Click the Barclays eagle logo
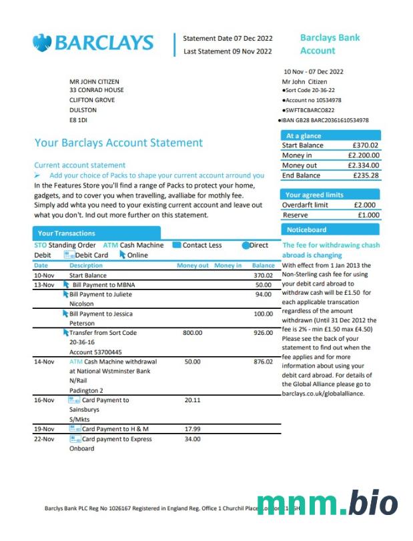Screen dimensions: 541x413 [x=42, y=43]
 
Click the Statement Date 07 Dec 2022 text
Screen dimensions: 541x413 [x=228, y=38]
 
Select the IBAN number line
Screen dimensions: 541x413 [x=324, y=120]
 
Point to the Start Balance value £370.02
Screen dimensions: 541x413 [x=366, y=145]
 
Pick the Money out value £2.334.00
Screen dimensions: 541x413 [x=364, y=165]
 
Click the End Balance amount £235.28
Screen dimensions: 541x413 [x=366, y=175]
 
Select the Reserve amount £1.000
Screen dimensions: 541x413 [x=368, y=215]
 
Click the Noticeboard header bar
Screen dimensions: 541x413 [x=331, y=229]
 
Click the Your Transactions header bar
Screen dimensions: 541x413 [x=153, y=233]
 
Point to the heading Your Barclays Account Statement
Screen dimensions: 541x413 [x=118, y=143]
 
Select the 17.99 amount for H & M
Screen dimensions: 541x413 [x=192, y=429]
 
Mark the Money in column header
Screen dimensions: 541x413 [x=228, y=265]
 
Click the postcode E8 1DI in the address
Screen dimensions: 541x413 [x=78, y=120]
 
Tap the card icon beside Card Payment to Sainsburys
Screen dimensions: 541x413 [x=75, y=400]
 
